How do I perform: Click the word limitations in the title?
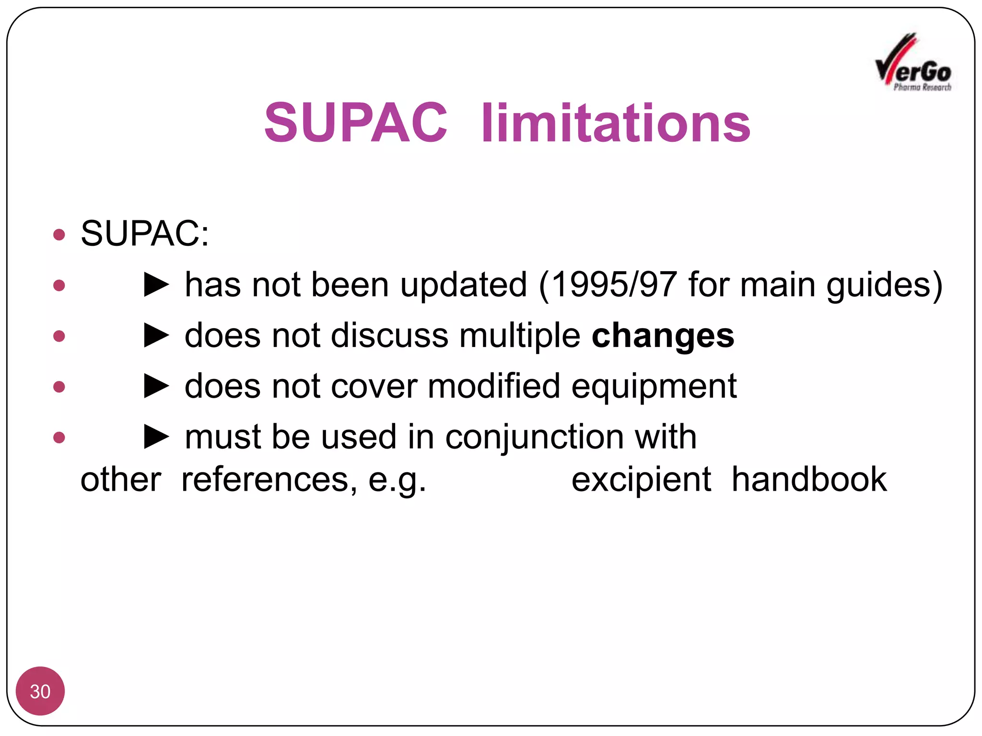(x=616, y=123)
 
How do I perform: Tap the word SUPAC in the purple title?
(x=355, y=123)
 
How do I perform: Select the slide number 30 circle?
(x=40, y=690)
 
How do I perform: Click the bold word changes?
(x=663, y=335)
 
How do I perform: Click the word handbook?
(x=809, y=479)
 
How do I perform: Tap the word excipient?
(x=641, y=479)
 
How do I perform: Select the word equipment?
(x=654, y=387)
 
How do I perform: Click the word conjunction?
(x=535, y=437)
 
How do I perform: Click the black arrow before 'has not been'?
(x=157, y=285)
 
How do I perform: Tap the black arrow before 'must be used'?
(x=157, y=437)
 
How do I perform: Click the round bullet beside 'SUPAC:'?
(x=59, y=234)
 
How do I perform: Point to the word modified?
(x=493, y=386)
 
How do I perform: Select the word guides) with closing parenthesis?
(x=884, y=286)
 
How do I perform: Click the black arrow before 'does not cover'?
(x=157, y=386)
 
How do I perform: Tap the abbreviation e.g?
(x=397, y=480)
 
